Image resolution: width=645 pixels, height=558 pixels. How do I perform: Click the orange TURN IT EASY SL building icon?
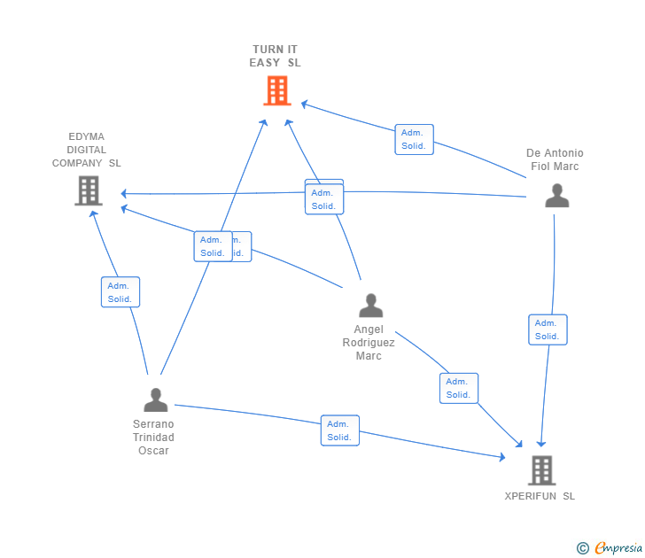pyautogui.click(x=277, y=90)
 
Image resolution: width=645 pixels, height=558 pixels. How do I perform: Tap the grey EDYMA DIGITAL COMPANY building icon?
pyautogui.click(x=88, y=190)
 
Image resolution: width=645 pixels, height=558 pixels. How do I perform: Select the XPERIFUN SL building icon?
pyautogui.click(x=541, y=470)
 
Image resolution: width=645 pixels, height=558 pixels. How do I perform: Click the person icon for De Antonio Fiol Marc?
pyautogui.click(x=556, y=196)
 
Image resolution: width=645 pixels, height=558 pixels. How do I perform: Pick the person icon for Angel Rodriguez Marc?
pyautogui.click(x=370, y=306)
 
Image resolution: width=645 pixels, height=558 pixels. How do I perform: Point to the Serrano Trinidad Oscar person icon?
pyautogui.click(x=155, y=400)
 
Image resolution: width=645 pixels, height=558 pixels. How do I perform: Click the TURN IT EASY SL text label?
pyautogui.click(x=276, y=56)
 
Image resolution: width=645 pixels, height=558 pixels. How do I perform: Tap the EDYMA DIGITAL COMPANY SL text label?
pyautogui.click(x=87, y=150)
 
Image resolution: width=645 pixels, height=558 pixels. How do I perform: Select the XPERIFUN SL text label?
pyautogui.click(x=540, y=496)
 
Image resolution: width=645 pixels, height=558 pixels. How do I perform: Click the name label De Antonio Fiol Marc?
pyautogui.click(x=555, y=159)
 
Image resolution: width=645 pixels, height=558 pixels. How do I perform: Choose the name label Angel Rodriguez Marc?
pyautogui.click(x=369, y=342)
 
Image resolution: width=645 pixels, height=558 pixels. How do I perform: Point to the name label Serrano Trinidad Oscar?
pyautogui.click(x=153, y=437)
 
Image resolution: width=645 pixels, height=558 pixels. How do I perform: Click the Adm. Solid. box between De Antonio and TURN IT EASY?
pyautogui.click(x=414, y=139)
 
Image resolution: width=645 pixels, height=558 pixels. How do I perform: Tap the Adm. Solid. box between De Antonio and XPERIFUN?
pyautogui.click(x=547, y=329)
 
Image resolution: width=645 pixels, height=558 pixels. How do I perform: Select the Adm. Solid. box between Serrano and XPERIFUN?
pyautogui.click(x=339, y=430)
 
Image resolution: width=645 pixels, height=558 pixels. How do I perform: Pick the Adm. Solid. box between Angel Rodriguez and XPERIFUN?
pyautogui.click(x=458, y=388)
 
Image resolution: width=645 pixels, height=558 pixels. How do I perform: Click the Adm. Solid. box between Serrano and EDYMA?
pyautogui.click(x=120, y=292)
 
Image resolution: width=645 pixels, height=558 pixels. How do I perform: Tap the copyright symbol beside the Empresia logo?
pyautogui.click(x=583, y=548)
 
